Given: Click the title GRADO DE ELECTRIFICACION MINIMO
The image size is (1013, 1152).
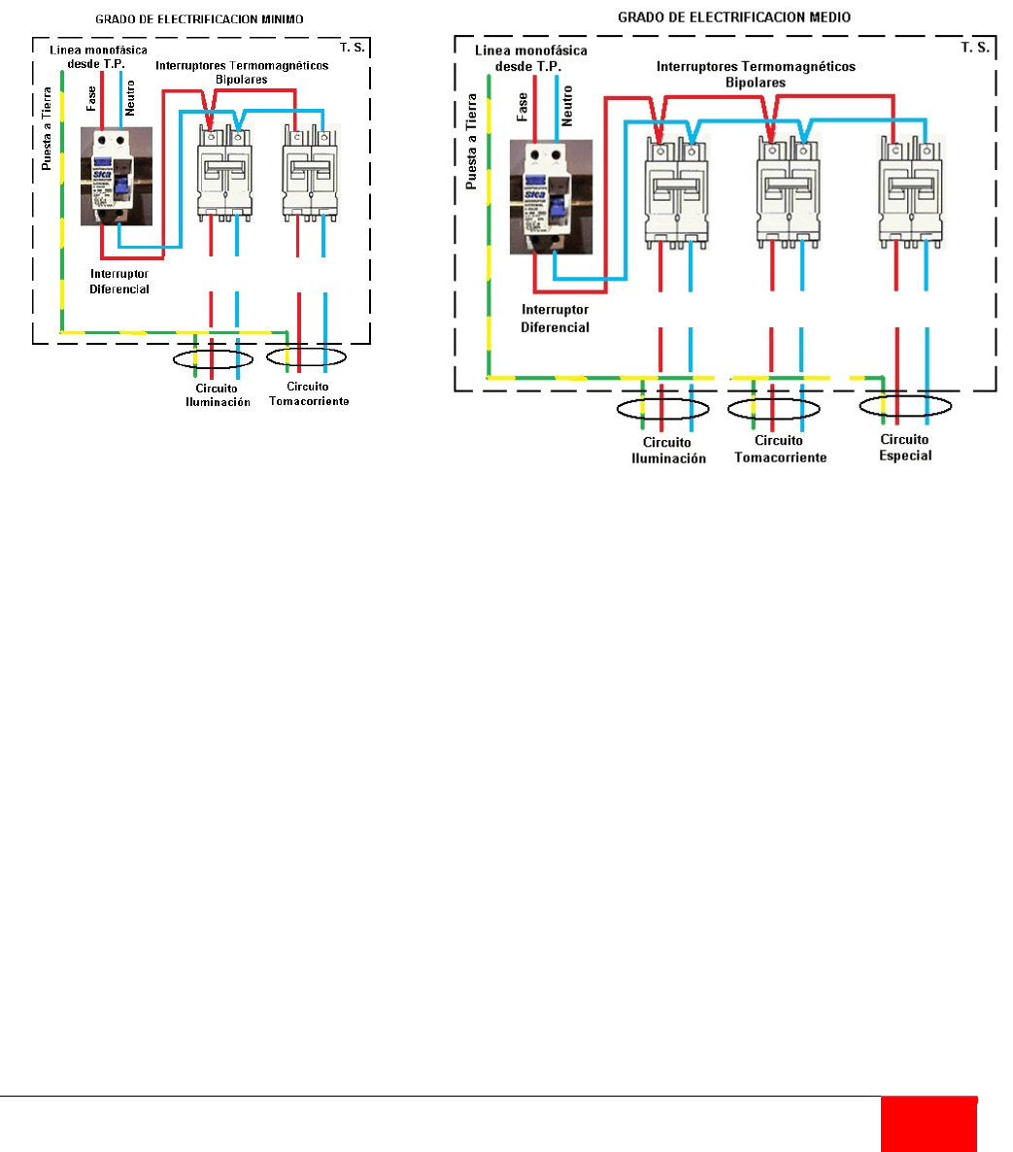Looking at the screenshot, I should [x=199, y=19].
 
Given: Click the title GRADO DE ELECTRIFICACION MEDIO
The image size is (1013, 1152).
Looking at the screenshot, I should [x=734, y=17].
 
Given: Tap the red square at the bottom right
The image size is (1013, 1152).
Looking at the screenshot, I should [x=929, y=1124].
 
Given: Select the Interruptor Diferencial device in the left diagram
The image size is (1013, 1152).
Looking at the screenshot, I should [x=117, y=177].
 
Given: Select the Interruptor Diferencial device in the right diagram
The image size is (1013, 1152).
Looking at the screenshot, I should [x=551, y=197].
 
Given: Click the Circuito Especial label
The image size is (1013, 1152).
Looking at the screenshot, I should [x=905, y=448].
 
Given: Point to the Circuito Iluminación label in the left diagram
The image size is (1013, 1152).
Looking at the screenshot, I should [x=218, y=395].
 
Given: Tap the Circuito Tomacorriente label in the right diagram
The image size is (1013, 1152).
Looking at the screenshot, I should [x=780, y=450].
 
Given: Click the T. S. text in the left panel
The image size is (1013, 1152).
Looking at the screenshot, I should [x=353, y=48].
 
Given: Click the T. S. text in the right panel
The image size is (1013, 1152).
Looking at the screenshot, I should [x=975, y=47].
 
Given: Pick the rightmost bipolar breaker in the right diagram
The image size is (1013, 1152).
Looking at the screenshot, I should [x=912, y=188].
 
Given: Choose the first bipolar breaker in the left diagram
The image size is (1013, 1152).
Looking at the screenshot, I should [x=224, y=167].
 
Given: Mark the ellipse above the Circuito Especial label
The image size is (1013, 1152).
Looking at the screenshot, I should [x=905, y=407].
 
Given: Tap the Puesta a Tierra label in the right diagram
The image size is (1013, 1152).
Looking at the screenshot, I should [x=472, y=140].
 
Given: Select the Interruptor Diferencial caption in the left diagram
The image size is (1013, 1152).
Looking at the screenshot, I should [x=119, y=282].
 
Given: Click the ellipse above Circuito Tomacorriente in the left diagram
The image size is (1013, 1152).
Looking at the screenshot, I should [x=306, y=357].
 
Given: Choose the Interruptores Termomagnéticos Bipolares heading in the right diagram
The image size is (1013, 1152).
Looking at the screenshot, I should [x=756, y=75].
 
